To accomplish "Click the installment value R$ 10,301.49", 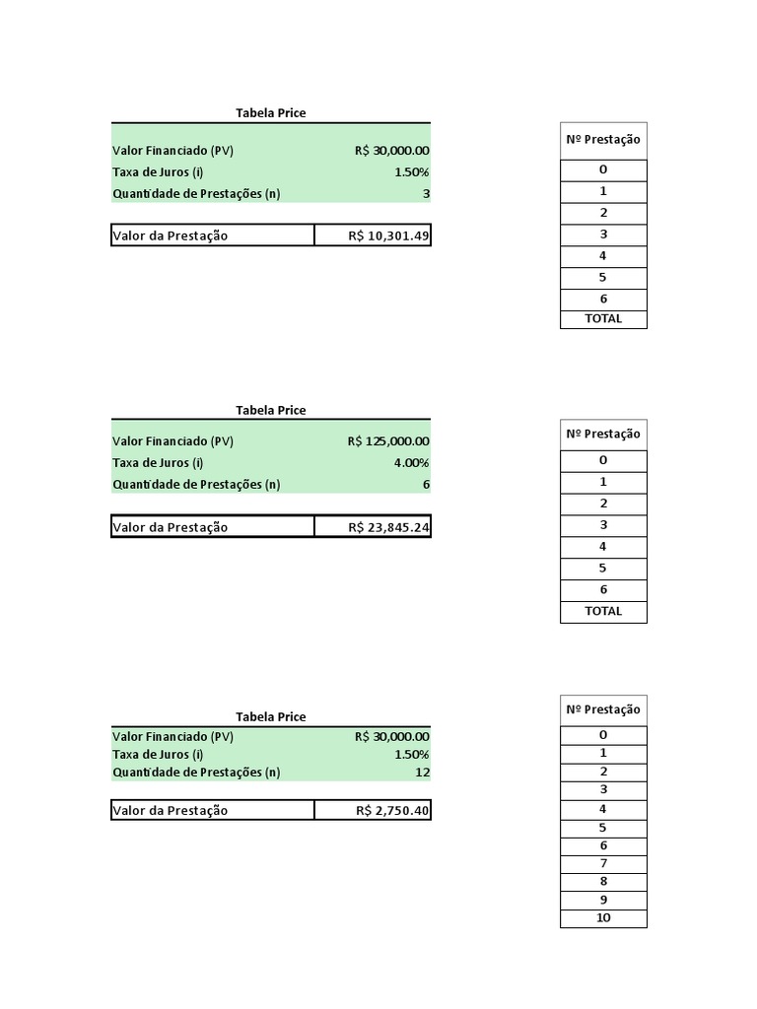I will tap(388, 235).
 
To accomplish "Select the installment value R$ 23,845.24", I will tap(388, 527).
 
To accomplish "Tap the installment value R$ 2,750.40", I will tap(392, 810).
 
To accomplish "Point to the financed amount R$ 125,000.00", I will tap(387, 441).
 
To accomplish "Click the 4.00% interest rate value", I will tap(411, 463).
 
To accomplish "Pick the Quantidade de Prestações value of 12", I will tap(422, 773).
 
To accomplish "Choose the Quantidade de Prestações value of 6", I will tap(426, 485).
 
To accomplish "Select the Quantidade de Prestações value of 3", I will tap(426, 194).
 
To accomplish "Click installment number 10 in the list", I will tap(603, 918).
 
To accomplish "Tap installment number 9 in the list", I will tap(603, 900).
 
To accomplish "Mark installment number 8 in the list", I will tap(603, 882).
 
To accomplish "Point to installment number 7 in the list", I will tap(603, 864).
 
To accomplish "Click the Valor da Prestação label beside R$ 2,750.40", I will tap(171, 810).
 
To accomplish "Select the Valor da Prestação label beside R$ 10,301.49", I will tap(171, 235).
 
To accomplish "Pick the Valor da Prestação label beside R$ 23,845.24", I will tap(171, 527).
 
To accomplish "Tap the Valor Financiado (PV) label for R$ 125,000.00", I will tap(173, 441).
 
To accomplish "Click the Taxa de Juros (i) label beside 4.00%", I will tap(159, 463).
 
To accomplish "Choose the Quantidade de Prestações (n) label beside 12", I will tap(196, 773).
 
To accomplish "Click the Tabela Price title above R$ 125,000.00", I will tap(271, 410).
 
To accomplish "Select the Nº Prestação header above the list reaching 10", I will tap(603, 709).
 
